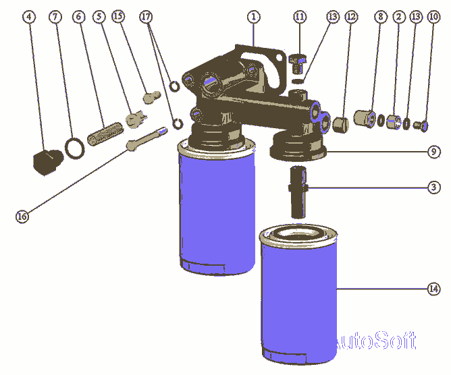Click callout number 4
(29, 17)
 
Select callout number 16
(22, 216)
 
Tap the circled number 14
(433, 289)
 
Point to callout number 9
(433, 152)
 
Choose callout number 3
(433, 187)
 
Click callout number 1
(253, 17)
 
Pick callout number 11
(299, 17)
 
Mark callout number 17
(146, 17)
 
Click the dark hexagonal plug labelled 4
(48, 162)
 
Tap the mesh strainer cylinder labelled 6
(105, 134)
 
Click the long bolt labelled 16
(147, 138)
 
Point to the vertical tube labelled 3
(298, 192)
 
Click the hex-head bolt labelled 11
(298, 63)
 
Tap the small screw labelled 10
(421, 125)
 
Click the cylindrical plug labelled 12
(340, 124)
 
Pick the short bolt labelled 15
(152, 97)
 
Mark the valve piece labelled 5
(136, 119)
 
